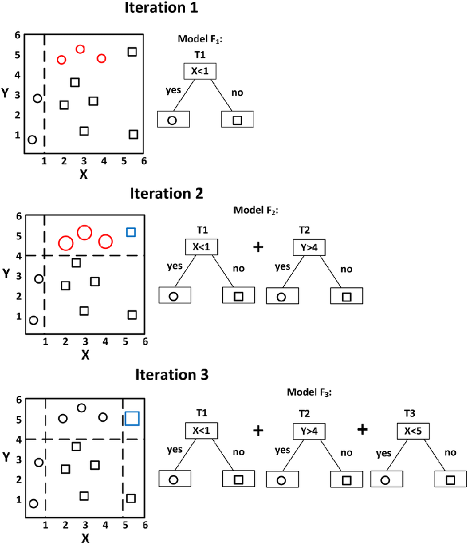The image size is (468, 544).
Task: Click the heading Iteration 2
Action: click(166, 193)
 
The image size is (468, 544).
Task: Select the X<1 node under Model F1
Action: click(200, 71)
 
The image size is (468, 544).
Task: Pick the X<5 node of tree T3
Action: click(412, 430)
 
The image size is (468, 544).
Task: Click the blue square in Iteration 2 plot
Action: click(131, 232)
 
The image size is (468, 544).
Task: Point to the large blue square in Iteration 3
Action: click(133, 419)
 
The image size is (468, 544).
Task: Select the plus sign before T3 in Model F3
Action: click(363, 429)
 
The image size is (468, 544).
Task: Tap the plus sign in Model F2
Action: click(259, 246)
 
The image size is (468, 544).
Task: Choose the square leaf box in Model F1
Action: click(238, 120)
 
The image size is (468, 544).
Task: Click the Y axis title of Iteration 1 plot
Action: click(6, 93)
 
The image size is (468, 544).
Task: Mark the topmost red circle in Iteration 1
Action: click(81, 49)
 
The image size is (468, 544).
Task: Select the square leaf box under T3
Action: click(450, 479)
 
